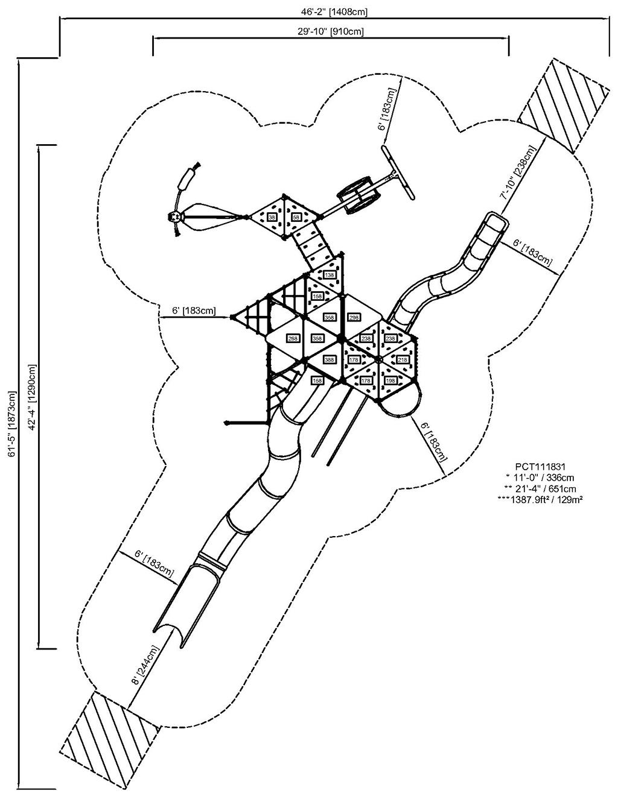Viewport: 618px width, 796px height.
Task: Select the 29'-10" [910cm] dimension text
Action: pos(330,31)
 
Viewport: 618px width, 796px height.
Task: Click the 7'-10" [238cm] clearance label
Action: pos(516,172)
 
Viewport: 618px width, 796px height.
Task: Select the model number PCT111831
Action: pos(540,466)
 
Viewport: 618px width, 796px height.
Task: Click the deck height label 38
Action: pos(272,217)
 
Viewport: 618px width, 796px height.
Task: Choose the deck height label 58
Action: pos(296,217)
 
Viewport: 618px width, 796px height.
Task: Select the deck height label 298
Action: pos(354,317)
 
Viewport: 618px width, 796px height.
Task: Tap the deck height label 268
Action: pos(293,338)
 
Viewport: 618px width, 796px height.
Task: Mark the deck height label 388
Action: pos(330,360)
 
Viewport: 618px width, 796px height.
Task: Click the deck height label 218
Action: pos(403,360)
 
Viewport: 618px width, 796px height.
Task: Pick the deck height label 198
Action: pos(390,381)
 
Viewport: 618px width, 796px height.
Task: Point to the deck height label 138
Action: pos(330,275)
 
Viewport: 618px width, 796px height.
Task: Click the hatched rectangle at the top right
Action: pos(564,104)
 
